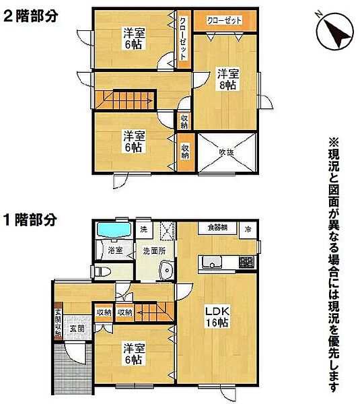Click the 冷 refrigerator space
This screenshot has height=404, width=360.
coord(248,228)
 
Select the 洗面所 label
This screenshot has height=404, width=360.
coord(155,251)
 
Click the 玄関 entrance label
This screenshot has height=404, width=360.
coord(76,329)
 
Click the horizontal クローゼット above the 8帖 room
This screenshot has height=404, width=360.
coord(224,20)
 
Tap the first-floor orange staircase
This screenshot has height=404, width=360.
coord(151,312)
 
